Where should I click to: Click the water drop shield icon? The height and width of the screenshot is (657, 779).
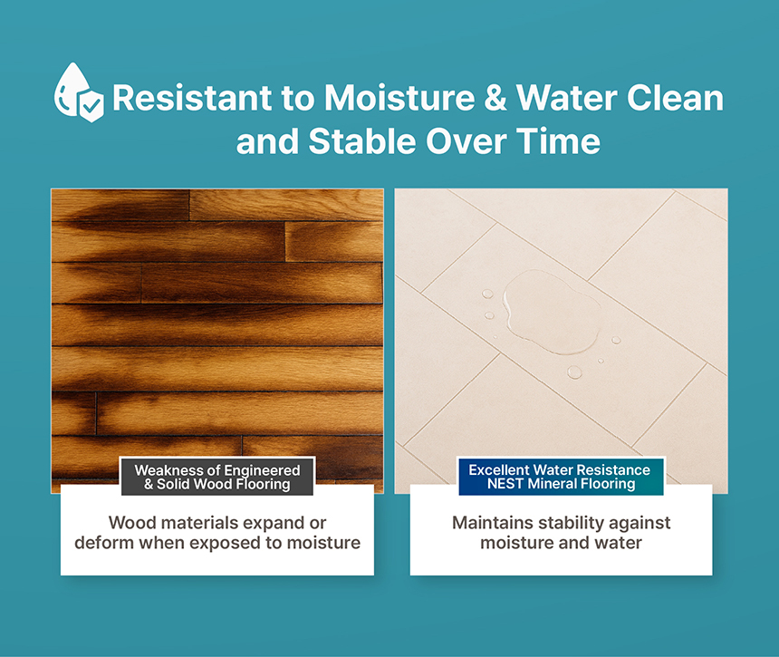pos(79,92)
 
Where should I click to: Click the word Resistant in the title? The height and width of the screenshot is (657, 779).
pos(192,97)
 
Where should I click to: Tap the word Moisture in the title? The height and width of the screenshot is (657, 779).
pos(399,97)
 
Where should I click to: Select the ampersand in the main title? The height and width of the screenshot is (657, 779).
pos(495,97)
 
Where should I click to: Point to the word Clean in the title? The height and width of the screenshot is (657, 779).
pos(675,97)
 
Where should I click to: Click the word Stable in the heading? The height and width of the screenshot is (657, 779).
pos(361,141)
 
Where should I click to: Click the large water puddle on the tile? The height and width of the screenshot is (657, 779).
pos(550,312)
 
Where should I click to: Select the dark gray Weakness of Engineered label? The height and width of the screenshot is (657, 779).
pos(217,477)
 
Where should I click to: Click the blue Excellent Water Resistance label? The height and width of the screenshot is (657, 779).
pos(561,477)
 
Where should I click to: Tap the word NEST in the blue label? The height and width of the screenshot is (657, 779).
pos(505,484)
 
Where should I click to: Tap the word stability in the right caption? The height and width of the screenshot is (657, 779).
pos(571,523)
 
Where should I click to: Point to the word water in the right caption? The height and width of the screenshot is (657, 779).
pos(618,543)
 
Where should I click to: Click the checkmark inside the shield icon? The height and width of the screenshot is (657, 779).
pos(91,105)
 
